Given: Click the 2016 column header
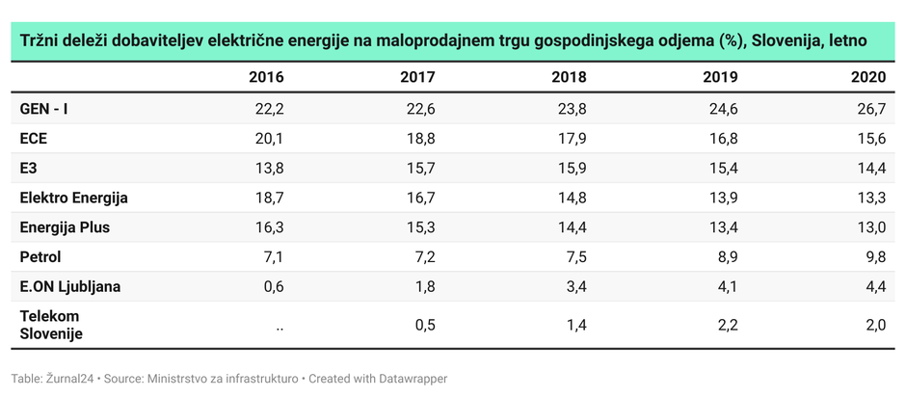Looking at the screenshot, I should (266, 78).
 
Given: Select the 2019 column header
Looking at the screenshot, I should (720, 78).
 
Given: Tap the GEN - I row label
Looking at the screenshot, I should (44, 109).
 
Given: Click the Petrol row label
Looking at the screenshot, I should (40, 257).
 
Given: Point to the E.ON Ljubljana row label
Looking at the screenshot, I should (70, 286).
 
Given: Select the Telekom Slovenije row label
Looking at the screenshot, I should (51, 325).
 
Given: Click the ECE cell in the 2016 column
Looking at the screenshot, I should (270, 139).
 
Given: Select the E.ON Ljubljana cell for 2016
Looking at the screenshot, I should (273, 286).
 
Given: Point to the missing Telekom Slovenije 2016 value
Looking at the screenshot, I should (279, 326).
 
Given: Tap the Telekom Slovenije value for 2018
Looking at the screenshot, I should (575, 326).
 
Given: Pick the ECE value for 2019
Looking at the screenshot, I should (723, 139).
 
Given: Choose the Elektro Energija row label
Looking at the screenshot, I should (74, 198).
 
